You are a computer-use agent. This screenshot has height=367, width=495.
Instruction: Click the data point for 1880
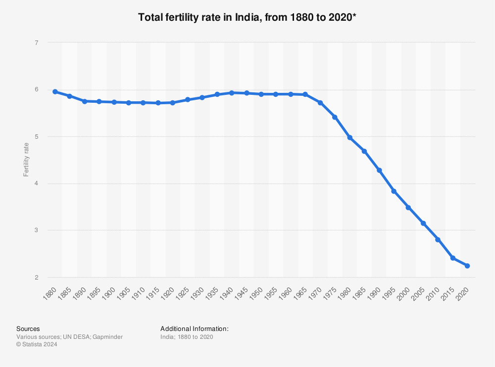(x=55, y=92)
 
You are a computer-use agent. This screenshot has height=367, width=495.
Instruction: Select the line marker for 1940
(x=232, y=93)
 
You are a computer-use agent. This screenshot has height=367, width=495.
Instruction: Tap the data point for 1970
(x=320, y=103)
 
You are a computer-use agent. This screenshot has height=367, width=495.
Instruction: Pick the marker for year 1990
(x=379, y=170)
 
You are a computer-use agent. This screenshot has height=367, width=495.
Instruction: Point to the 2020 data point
(x=467, y=266)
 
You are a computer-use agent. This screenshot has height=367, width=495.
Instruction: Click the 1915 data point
(x=158, y=103)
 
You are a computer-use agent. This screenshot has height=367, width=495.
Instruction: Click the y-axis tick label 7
(x=37, y=43)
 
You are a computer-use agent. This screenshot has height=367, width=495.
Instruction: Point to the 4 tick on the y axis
(x=37, y=184)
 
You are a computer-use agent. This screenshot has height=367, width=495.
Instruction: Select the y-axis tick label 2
(x=37, y=278)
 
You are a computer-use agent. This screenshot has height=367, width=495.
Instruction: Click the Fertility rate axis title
(x=26, y=160)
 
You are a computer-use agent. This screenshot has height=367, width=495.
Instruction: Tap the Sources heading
(x=28, y=328)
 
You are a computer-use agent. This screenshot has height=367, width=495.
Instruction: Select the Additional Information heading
(x=194, y=328)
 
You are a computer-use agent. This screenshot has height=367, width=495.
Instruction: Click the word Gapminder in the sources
(x=108, y=337)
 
